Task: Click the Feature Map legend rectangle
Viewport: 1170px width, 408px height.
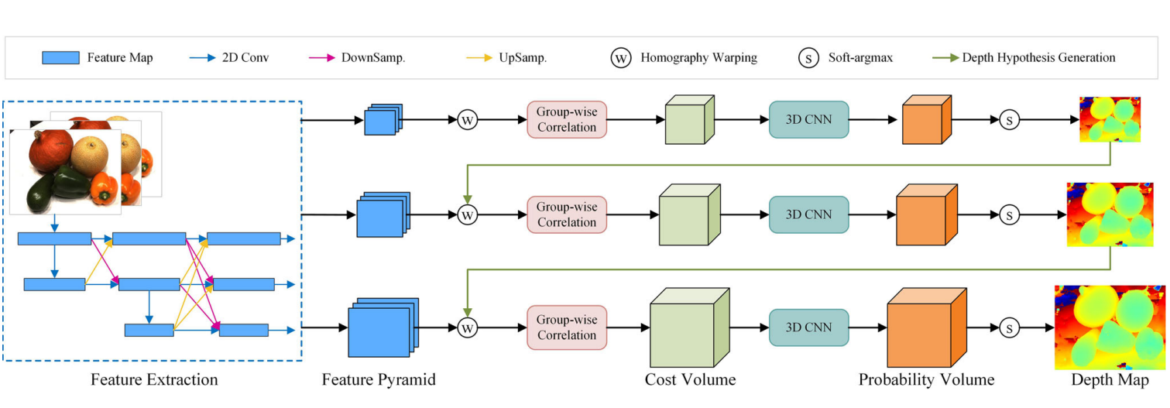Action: point(60,58)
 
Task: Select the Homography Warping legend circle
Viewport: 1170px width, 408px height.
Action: point(621,58)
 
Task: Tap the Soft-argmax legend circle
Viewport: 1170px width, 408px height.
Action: point(808,58)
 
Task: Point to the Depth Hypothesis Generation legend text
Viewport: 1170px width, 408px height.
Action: point(1038,58)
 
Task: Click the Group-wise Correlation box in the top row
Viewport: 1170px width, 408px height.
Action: point(567,120)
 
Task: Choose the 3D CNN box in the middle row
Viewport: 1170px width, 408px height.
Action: point(808,214)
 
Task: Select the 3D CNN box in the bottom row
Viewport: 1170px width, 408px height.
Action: point(808,327)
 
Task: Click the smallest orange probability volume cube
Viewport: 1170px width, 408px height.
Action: point(925,120)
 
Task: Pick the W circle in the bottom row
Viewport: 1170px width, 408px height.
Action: point(467,327)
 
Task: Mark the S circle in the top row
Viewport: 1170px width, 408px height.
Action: point(1009,120)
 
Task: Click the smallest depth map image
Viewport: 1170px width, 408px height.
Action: point(1110,120)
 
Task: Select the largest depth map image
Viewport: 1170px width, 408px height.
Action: point(1108,327)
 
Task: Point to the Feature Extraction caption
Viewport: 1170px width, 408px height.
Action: point(154,380)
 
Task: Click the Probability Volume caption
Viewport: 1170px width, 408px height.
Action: point(926,380)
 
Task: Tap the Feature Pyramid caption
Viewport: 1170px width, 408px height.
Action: point(379,380)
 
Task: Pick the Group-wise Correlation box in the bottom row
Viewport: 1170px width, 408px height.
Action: point(567,327)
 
